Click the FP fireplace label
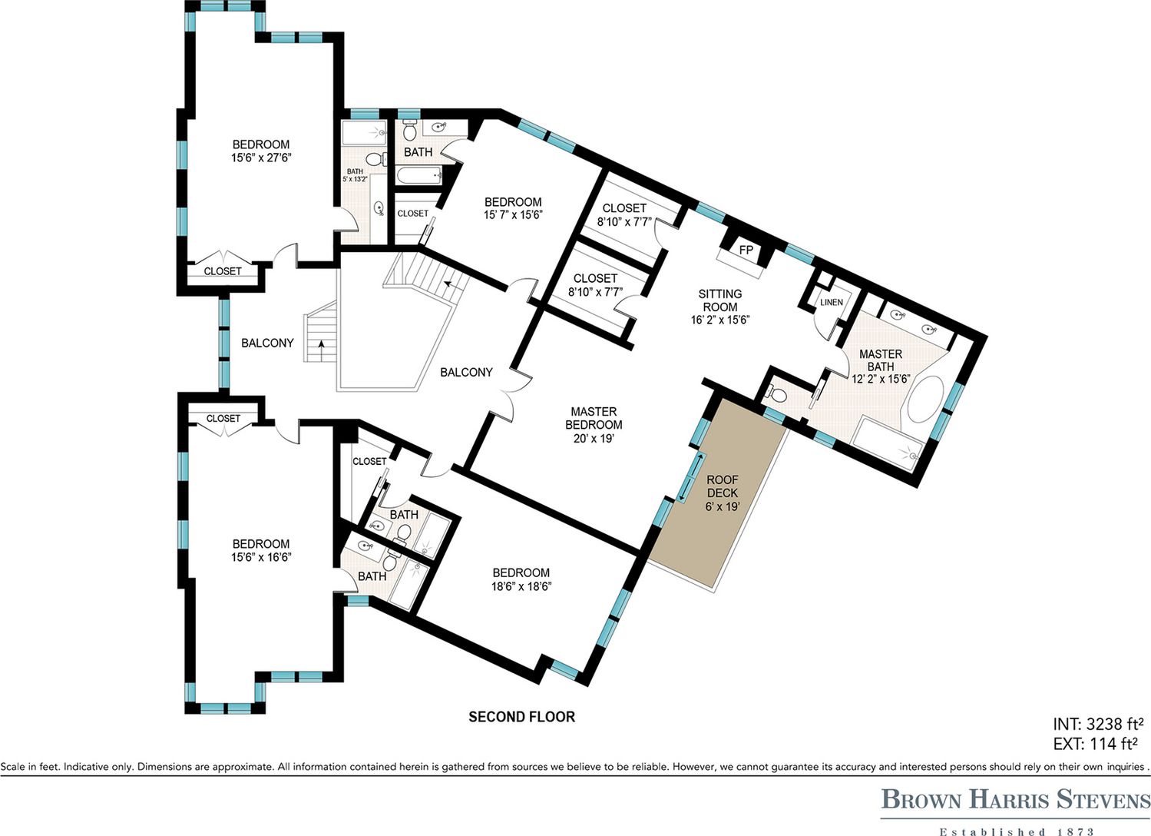pos(746,250)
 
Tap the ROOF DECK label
pos(723,486)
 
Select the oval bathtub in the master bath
pos(926,400)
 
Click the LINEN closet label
pos(832,302)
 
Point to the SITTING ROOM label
pos(720,300)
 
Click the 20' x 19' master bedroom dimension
pos(594,439)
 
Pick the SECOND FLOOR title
pos(521,717)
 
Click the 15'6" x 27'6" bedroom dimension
pos(261,158)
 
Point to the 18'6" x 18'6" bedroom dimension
pos(521,586)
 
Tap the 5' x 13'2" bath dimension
pos(355,180)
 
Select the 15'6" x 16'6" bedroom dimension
pos(261,557)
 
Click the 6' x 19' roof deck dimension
pos(723,506)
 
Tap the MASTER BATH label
pos(881,360)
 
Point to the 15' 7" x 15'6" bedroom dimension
pos(513,215)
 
